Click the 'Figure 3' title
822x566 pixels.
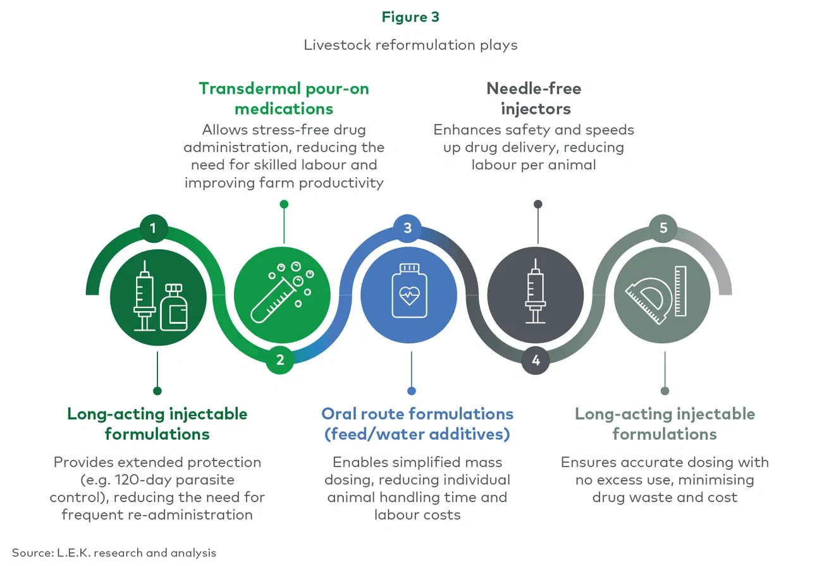coord(410,17)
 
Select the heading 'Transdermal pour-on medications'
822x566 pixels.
coord(284,98)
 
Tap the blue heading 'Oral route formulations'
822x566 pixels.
coord(417,414)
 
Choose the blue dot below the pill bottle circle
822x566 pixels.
coord(411,391)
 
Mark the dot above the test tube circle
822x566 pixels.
coord(284,204)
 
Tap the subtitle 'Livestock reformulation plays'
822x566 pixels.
coord(410,45)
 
